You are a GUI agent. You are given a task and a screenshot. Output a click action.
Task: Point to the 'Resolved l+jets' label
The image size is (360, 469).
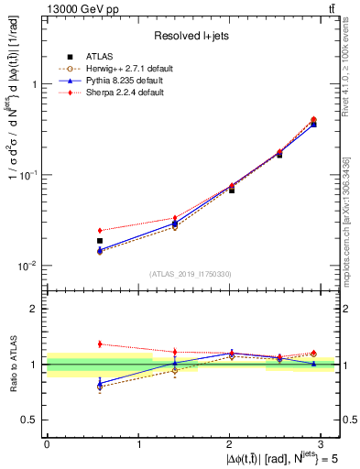click(191, 35)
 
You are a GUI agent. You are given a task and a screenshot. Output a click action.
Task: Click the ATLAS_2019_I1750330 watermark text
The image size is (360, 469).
click(191, 273)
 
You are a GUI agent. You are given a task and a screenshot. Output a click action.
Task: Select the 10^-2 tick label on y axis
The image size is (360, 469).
click(27, 266)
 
